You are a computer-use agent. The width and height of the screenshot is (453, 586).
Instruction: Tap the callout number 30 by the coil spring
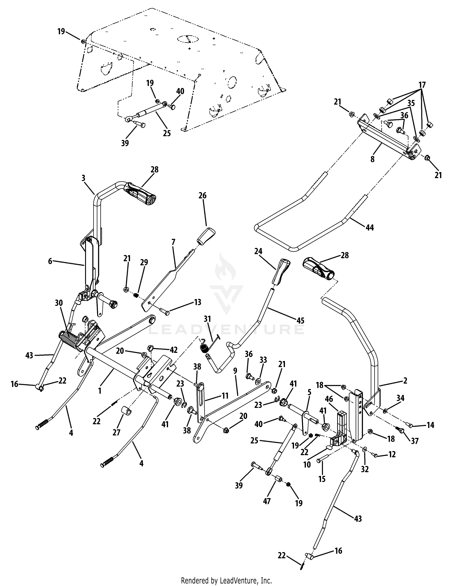coord(59,303)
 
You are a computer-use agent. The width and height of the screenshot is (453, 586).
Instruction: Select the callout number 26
coord(203,196)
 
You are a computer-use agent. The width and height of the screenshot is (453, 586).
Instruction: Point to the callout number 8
coord(373,159)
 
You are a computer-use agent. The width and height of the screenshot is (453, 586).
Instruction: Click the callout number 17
coord(422,85)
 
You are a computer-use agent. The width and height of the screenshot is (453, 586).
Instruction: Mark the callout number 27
coord(116,432)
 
